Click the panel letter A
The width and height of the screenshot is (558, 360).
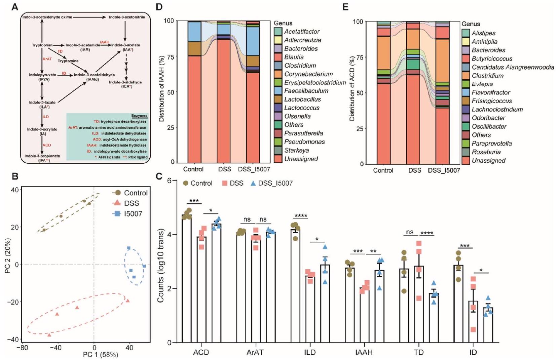coord(14,7)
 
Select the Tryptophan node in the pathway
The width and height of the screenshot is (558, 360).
coord(42,45)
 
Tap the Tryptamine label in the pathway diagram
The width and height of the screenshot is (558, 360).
coord(68,61)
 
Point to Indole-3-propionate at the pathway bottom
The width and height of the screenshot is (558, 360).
coord(42,156)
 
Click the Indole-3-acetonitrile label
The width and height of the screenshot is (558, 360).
coord(127,17)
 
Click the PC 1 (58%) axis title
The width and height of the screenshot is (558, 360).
coord(101,354)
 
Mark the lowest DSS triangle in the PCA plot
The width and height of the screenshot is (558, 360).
coord(49,335)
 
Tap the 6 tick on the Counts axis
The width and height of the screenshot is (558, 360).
coord(170,181)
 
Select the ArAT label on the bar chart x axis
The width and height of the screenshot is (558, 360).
coord(255,352)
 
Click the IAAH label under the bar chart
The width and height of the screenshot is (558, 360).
coord(364,352)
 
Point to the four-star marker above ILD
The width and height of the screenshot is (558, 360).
coord(301,216)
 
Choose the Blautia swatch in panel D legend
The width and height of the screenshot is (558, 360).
coord(278,57)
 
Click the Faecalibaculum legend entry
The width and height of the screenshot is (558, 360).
coord(306,91)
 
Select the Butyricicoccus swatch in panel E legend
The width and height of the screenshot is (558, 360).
coord(466,58)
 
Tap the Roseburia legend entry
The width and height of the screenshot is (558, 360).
coord(486,152)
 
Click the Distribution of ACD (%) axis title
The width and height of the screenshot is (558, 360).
coord(352,89)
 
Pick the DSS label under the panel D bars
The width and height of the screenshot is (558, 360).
coord(224,169)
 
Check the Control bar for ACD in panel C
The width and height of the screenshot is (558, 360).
coord(187,279)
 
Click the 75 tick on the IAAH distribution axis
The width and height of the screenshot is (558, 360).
coord(171,57)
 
